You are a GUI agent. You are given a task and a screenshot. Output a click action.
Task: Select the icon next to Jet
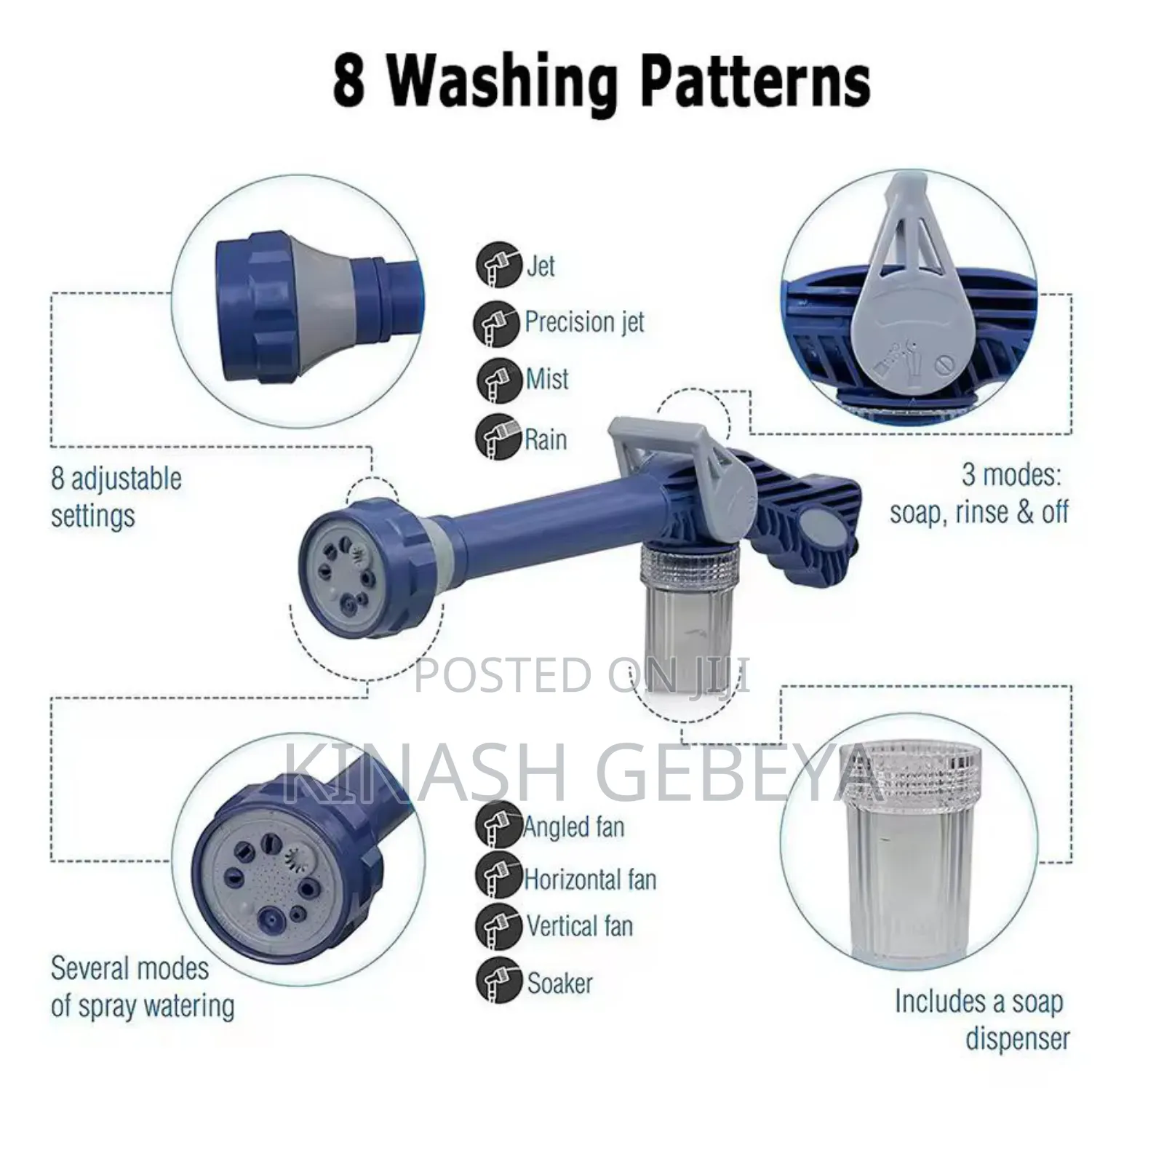click(x=499, y=265)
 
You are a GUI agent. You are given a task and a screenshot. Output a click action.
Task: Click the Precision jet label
click(x=584, y=322)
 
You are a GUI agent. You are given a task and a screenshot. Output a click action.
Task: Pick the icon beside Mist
click(x=499, y=380)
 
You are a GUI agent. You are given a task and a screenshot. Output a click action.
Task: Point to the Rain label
click(x=546, y=439)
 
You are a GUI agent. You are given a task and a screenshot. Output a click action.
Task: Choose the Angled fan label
click(x=574, y=827)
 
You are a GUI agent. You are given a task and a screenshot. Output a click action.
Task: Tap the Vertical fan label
click(x=580, y=926)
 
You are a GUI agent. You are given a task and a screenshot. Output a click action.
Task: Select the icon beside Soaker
click(x=499, y=981)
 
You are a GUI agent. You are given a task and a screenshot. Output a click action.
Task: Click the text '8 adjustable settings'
click(x=116, y=497)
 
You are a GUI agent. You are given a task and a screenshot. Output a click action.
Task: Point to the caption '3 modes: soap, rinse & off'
click(x=978, y=494)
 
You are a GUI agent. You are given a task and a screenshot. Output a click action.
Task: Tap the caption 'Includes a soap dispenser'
click(x=982, y=1019)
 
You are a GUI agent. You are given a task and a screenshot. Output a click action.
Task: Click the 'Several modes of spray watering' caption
click(x=143, y=987)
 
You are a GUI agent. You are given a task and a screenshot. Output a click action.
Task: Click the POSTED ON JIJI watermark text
click(x=582, y=674)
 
